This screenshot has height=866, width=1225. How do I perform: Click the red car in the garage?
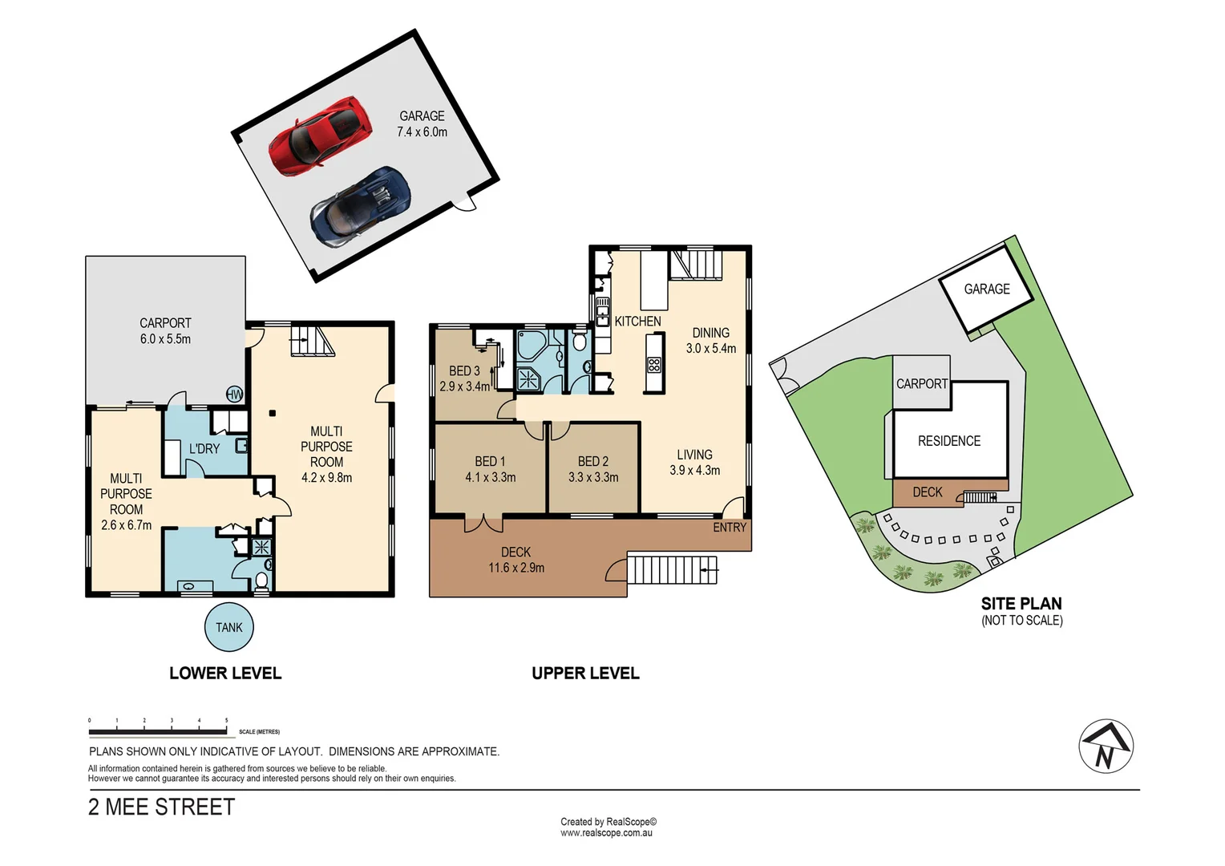point(321,136)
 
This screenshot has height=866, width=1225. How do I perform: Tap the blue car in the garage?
point(361,207)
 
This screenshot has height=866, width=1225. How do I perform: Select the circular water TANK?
point(228,627)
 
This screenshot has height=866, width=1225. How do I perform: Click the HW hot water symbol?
point(235,394)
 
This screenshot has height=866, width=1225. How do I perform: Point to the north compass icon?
point(1106,746)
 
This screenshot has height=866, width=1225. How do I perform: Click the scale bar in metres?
point(158,730)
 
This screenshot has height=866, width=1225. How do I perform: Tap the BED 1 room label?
point(490,461)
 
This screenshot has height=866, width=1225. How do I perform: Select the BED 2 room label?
point(592,461)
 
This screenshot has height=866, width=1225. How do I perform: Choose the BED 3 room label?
point(464,370)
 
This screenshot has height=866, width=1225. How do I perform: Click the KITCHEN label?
point(637,321)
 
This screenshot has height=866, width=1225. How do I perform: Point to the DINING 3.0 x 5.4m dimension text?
point(710,348)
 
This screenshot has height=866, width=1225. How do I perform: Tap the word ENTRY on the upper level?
point(729,527)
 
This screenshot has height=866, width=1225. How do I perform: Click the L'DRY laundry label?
point(204,448)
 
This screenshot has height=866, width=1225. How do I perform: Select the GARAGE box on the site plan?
point(986,289)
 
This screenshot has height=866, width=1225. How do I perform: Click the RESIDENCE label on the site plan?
point(949,441)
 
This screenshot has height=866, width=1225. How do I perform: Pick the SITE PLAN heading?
point(1021,604)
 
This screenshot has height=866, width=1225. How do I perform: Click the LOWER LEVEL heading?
point(225,674)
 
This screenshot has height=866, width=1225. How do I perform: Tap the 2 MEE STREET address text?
point(162,807)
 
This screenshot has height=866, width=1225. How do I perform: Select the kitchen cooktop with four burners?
point(653,365)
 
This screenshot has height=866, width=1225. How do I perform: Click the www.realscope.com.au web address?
point(606,833)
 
